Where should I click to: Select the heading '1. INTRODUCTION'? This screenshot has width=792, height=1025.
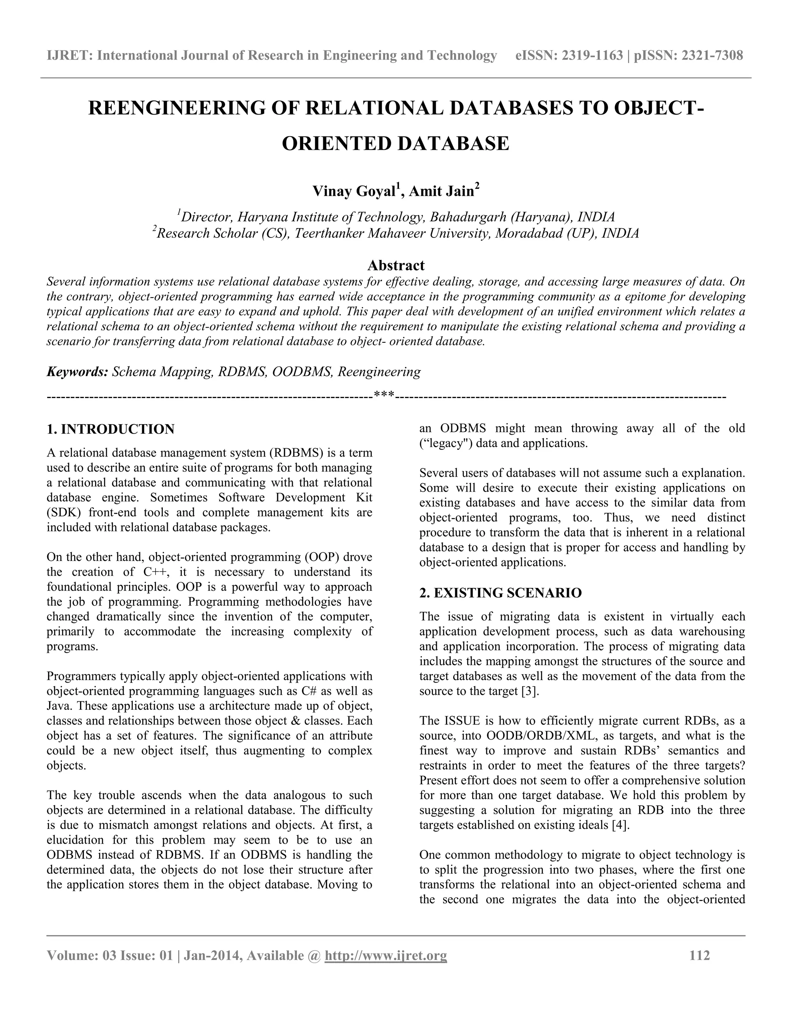111,429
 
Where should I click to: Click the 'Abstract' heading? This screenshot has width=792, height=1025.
396,265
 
